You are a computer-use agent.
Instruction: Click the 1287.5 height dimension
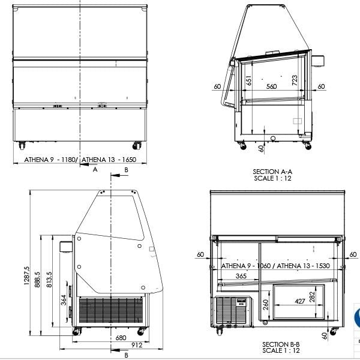(x=26, y=277)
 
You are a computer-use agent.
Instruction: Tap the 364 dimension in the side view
(x=64, y=300)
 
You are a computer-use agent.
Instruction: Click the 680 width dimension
(x=121, y=338)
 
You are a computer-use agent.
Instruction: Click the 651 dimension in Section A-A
(x=249, y=81)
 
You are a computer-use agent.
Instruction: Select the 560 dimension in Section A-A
(x=271, y=87)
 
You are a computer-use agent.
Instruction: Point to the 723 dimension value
(x=294, y=80)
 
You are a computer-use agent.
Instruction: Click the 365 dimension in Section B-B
(x=241, y=277)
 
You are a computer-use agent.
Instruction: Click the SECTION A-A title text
(x=272, y=172)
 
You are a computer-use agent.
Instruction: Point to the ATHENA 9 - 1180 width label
(x=50, y=160)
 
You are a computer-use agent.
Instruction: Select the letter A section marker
(x=95, y=170)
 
